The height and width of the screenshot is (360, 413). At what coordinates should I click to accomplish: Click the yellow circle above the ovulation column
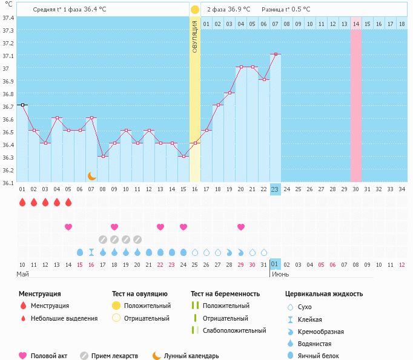pyautogui.click(x=194, y=10)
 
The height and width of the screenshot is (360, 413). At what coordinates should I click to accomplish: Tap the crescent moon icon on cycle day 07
pyautogui.click(x=91, y=176)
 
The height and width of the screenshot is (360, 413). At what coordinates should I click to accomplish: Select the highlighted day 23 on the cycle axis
pyautogui.click(x=275, y=189)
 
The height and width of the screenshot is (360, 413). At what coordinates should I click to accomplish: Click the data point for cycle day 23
pyautogui.click(x=275, y=54)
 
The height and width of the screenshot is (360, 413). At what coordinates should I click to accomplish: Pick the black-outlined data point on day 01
pyautogui.click(x=22, y=105)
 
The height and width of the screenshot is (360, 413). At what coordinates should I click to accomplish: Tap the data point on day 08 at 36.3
pyautogui.click(x=103, y=156)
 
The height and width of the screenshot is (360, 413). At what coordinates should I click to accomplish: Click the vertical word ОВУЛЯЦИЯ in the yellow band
pyautogui.click(x=194, y=36)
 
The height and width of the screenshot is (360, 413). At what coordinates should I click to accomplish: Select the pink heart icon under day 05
pyautogui.click(x=68, y=227)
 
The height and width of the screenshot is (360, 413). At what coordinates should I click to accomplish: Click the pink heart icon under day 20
pyautogui.click(x=241, y=227)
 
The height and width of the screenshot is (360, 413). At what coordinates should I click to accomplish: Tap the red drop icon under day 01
pyautogui.click(x=22, y=202)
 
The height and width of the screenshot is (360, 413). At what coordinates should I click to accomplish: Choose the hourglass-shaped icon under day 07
pyautogui.click(x=91, y=252)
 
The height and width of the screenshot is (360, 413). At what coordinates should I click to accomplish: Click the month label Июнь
pyautogui.click(x=279, y=274)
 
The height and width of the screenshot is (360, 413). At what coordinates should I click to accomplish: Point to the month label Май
pyautogui.click(x=22, y=274)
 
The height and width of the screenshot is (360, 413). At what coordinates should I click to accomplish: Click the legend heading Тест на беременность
pyautogui.click(x=225, y=293)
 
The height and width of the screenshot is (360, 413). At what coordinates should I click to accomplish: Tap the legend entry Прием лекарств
pyautogui.click(x=114, y=356)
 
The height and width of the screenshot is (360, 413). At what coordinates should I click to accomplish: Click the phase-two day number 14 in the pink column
pyautogui.click(x=356, y=24)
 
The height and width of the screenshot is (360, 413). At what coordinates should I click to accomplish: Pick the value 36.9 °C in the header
pyautogui.click(x=239, y=10)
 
